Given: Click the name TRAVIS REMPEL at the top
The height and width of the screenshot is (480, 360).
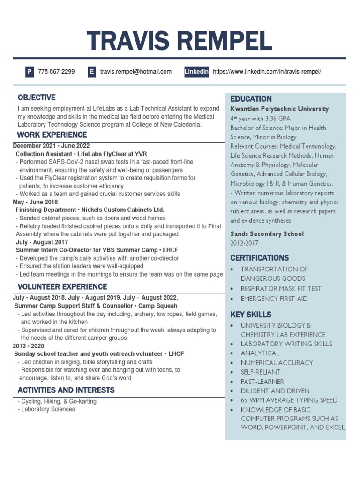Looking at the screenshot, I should click(x=180, y=42).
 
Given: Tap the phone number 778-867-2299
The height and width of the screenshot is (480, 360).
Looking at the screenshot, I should click(x=56, y=72).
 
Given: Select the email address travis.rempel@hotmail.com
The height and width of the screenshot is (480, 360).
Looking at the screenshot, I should click(x=135, y=72).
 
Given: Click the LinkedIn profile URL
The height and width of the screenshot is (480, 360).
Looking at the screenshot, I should click(x=267, y=72).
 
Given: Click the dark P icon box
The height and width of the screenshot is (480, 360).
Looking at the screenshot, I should click(x=30, y=72).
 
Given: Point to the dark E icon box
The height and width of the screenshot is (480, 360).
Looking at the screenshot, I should click(x=92, y=72).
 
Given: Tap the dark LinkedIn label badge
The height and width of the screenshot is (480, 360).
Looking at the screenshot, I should click(x=196, y=72).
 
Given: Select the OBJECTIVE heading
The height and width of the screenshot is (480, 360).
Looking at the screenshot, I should click(x=37, y=97).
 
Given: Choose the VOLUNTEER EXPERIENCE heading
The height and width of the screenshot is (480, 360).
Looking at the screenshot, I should click(x=62, y=286).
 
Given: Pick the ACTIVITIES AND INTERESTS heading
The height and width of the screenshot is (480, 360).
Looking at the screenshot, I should click(x=66, y=390).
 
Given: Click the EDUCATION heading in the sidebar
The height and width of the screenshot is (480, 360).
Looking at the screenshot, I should click(x=251, y=99).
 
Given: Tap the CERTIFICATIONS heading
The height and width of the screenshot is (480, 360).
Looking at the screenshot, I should click(x=259, y=258).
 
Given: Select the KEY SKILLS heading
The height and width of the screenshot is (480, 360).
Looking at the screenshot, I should click(x=251, y=314).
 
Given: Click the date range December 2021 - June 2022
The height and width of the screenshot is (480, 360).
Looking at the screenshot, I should click(x=51, y=146).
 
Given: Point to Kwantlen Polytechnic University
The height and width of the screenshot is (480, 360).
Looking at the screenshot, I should click(x=279, y=109).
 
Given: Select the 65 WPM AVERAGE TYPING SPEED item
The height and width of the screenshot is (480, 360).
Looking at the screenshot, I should click(x=289, y=400).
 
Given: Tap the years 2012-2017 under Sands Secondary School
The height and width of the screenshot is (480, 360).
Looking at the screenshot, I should click(x=244, y=243).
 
